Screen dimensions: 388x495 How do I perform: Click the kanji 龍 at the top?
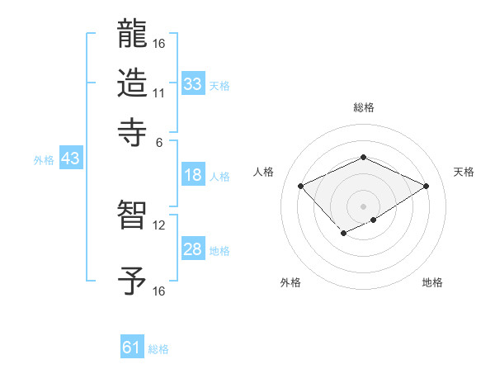pos(133,35)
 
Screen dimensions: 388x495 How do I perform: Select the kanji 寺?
pos(133,131)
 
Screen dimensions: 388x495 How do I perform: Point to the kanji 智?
pos(133,216)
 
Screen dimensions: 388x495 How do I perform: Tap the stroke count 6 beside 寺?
pos(158,141)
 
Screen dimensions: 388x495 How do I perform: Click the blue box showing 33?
pos(193,83)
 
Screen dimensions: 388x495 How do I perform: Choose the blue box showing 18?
pos(193,175)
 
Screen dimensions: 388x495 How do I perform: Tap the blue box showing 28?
pos(193,249)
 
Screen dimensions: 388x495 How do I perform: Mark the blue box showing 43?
pos(70,159)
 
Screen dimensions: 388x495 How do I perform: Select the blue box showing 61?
pos(132,348)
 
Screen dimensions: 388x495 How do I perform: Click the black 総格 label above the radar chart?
pos(363,108)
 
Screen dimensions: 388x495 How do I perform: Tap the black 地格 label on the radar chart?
pos(432,282)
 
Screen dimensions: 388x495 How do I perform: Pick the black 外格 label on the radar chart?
pos(290,282)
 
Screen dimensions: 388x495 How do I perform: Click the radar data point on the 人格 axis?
pos(301,187)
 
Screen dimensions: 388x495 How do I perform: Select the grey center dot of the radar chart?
pos(363,206)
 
